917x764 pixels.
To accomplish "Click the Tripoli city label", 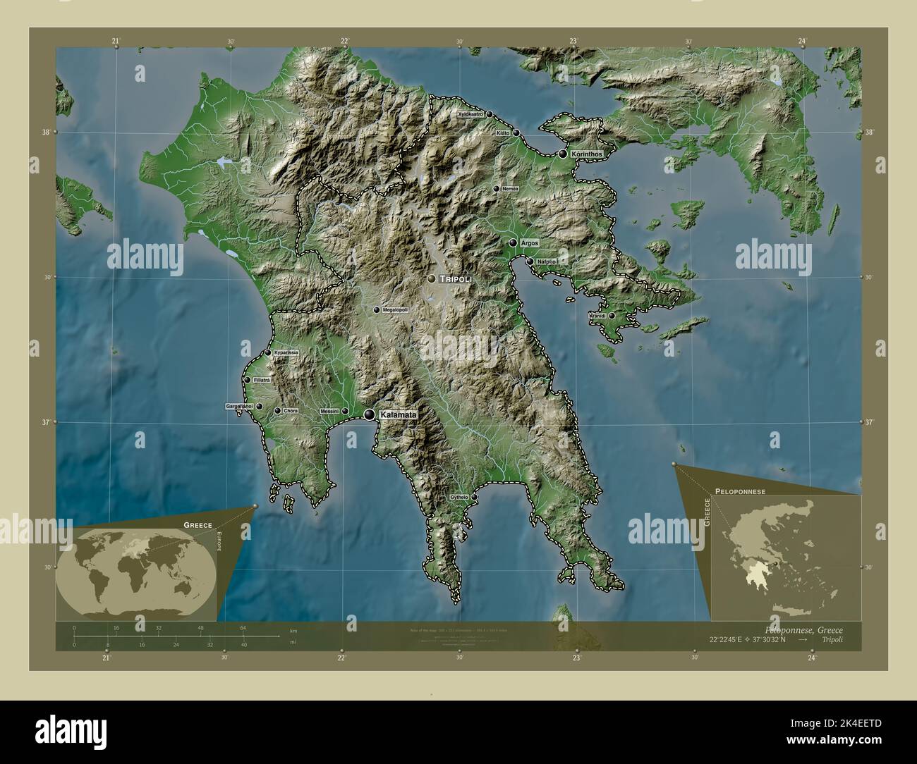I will [455, 279].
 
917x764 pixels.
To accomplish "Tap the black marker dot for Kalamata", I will [370, 415].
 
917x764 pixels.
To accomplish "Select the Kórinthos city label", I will [585, 153].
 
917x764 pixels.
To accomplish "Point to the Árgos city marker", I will [513, 242].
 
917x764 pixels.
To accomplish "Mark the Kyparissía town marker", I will [268, 352].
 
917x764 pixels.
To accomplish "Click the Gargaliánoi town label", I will [238, 407].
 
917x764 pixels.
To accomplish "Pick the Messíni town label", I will [329, 411].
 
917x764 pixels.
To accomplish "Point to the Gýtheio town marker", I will [474, 498].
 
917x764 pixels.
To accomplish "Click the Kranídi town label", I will [597, 316].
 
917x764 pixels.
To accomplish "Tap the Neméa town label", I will [509, 189].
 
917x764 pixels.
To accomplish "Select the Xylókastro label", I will [470, 113].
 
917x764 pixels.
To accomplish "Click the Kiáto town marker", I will [516, 133].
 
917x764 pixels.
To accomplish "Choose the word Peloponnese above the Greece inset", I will [740, 489].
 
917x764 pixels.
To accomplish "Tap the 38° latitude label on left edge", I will [45, 132].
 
